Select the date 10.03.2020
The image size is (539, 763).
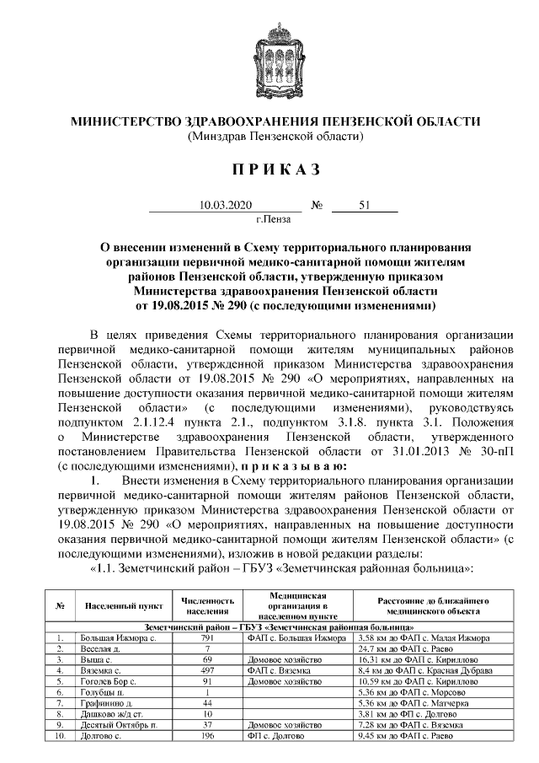coord(220,205)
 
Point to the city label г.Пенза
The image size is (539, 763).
coord(273,219)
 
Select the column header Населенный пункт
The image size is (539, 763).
coord(118,605)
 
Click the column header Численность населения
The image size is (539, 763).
coord(206,605)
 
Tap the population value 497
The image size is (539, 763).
coord(206,670)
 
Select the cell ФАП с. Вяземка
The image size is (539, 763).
coord(279,670)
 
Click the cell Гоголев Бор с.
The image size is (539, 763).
coord(103,681)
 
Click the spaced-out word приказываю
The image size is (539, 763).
coord(298,465)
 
